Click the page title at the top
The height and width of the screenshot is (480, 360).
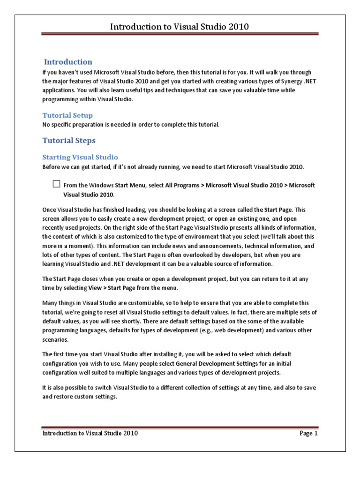(x=180, y=27)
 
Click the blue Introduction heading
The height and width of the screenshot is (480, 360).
(x=68, y=62)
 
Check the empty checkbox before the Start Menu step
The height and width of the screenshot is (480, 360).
(x=56, y=184)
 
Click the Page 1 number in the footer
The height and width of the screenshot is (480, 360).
(x=309, y=434)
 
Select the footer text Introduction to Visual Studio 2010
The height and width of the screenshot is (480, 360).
(x=90, y=434)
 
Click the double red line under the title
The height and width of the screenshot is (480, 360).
(x=180, y=35)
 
